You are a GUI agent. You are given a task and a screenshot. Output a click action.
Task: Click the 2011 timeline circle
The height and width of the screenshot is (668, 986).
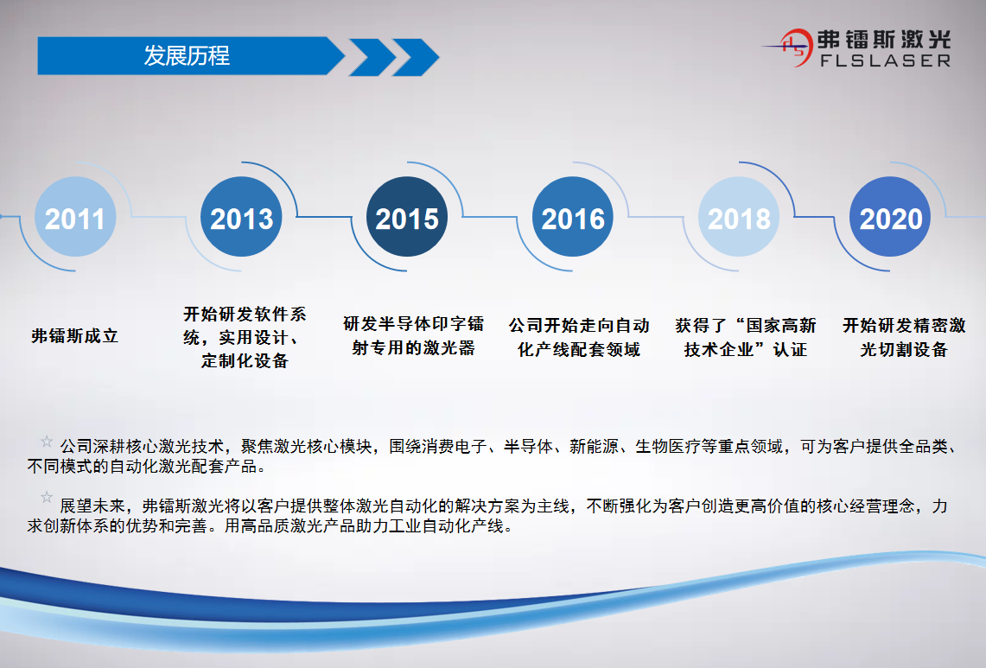tap(75, 217)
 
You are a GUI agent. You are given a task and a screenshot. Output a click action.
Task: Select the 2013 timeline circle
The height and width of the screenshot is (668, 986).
tap(241, 217)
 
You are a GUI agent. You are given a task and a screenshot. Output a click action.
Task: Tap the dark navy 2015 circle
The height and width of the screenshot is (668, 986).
tap(407, 217)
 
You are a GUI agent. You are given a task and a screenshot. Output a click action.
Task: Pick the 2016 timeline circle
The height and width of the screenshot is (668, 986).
tap(573, 217)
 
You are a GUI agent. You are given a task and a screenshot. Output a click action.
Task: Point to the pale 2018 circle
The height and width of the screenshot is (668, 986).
tap(739, 217)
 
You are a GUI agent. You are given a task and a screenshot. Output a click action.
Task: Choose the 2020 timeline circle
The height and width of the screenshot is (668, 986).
tap(890, 217)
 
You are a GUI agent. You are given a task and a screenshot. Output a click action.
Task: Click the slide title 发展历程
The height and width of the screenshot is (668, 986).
tap(187, 56)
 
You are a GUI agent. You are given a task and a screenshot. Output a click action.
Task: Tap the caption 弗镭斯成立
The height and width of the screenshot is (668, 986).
tap(75, 336)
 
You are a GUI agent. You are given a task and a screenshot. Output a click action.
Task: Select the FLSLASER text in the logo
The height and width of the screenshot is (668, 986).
tap(886, 61)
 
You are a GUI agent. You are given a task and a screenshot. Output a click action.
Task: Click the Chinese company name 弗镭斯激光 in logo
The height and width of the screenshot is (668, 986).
tap(884, 40)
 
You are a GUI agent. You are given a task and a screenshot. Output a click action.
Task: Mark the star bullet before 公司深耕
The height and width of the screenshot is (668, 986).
tap(47, 442)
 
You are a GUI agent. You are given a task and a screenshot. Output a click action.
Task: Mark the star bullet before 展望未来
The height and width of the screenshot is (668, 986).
tap(47, 498)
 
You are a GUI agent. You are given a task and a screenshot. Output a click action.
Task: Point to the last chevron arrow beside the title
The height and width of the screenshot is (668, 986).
tap(416, 57)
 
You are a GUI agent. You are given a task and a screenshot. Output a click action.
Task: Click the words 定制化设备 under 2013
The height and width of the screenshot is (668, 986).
tap(245, 361)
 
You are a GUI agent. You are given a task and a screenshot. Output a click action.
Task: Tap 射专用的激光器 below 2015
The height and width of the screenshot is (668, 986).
tap(413, 348)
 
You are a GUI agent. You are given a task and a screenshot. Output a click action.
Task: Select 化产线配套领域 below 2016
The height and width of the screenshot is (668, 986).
tap(578, 349)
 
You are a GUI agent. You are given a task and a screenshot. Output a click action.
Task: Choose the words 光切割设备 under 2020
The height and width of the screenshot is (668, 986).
tap(904, 349)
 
